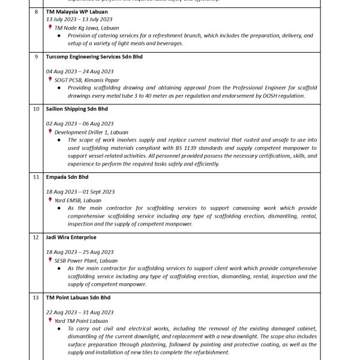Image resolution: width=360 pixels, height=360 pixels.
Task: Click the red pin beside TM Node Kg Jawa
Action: [x=50, y=28]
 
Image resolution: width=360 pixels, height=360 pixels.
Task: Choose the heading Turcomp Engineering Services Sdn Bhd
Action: [x=94, y=57]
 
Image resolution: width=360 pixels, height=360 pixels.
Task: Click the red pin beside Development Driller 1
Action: [x=50, y=131]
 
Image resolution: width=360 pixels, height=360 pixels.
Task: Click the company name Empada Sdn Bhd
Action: [x=67, y=177]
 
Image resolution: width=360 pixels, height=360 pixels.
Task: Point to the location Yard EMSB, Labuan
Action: [x=78, y=200]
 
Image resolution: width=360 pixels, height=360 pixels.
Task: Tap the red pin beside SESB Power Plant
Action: [x=50, y=260]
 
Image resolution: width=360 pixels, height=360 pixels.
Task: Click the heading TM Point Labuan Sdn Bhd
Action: [x=78, y=297]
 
